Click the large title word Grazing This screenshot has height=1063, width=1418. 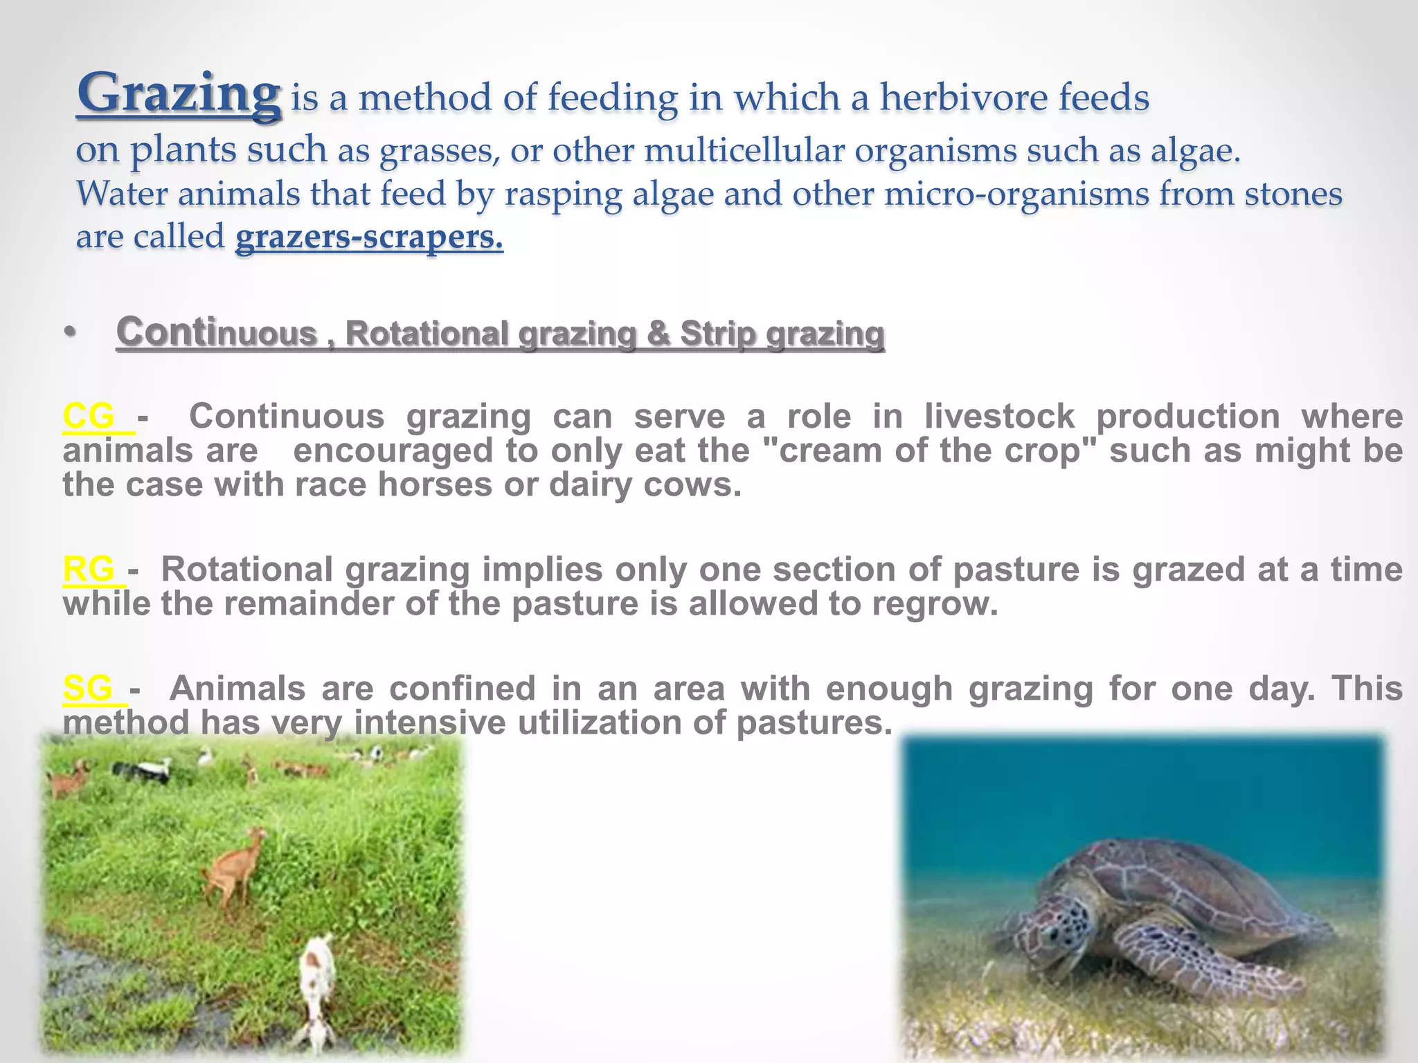point(179,95)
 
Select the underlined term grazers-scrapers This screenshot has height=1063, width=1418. point(369,237)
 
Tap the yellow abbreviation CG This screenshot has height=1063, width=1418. point(89,417)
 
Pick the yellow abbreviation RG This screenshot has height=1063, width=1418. point(89,570)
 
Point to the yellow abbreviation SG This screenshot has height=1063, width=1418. point(88,689)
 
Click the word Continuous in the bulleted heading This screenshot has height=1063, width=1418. point(216,333)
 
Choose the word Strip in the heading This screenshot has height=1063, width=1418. point(718,334)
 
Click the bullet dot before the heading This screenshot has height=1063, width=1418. point(69,334)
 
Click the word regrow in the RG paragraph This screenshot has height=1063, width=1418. point(933,604)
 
